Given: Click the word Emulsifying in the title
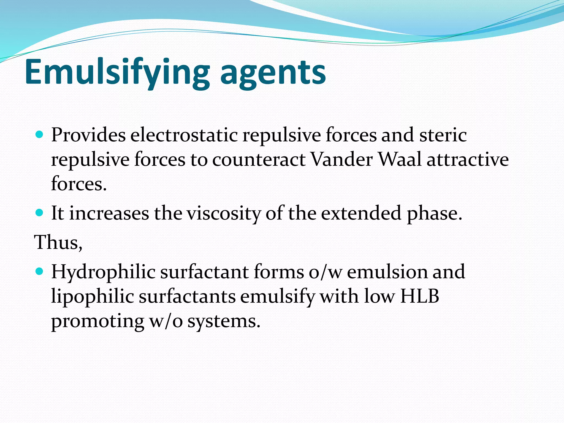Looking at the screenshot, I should coord(117,72).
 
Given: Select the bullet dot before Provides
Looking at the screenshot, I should coord(40,135).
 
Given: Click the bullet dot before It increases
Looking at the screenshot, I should coord(40,213).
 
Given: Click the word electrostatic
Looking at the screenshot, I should coord(184,135).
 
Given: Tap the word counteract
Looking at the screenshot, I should coord(259,159).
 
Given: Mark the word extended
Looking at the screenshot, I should coord(361,213).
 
